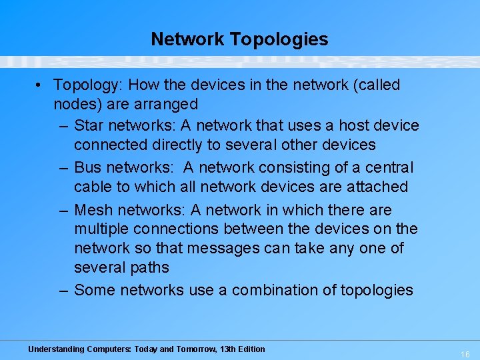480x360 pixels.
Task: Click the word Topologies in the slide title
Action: click(279, 39)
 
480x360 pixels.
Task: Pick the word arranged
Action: click(166, 104)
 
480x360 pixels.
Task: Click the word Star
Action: click(90, 125)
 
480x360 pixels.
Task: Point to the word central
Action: click(389, 167)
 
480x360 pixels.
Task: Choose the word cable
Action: click(93, 187)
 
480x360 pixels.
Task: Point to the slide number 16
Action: click(465, 355)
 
